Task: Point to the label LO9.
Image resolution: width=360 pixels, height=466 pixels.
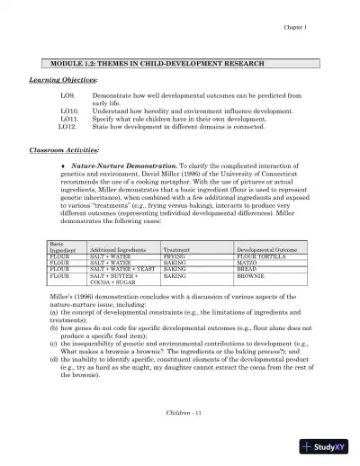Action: click(67, 94)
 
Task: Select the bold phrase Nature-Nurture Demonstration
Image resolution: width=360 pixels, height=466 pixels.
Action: click(121, 167)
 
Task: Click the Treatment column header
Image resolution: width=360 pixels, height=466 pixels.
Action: click(177, 249)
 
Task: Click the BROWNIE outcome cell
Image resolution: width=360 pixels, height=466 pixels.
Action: click(251, 274)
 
